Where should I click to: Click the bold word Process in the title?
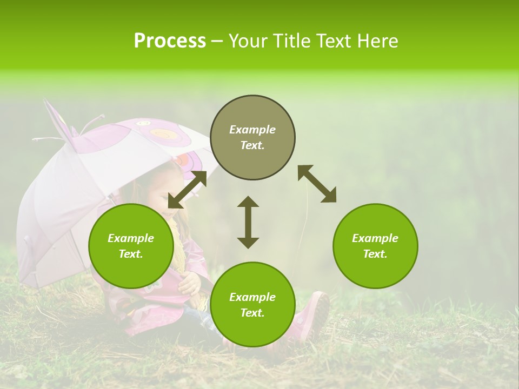click(170, 41)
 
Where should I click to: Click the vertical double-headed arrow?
click(248, 222)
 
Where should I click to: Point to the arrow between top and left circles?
click(187, 189)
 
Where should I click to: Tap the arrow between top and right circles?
click(317, 184)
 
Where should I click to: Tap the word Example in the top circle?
click(252, 130)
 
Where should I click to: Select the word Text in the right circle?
click(375, 254)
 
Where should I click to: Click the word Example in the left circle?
click(131, 238)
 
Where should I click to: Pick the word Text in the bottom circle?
click(252, 313)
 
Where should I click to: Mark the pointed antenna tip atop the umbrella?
click(46, 102)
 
